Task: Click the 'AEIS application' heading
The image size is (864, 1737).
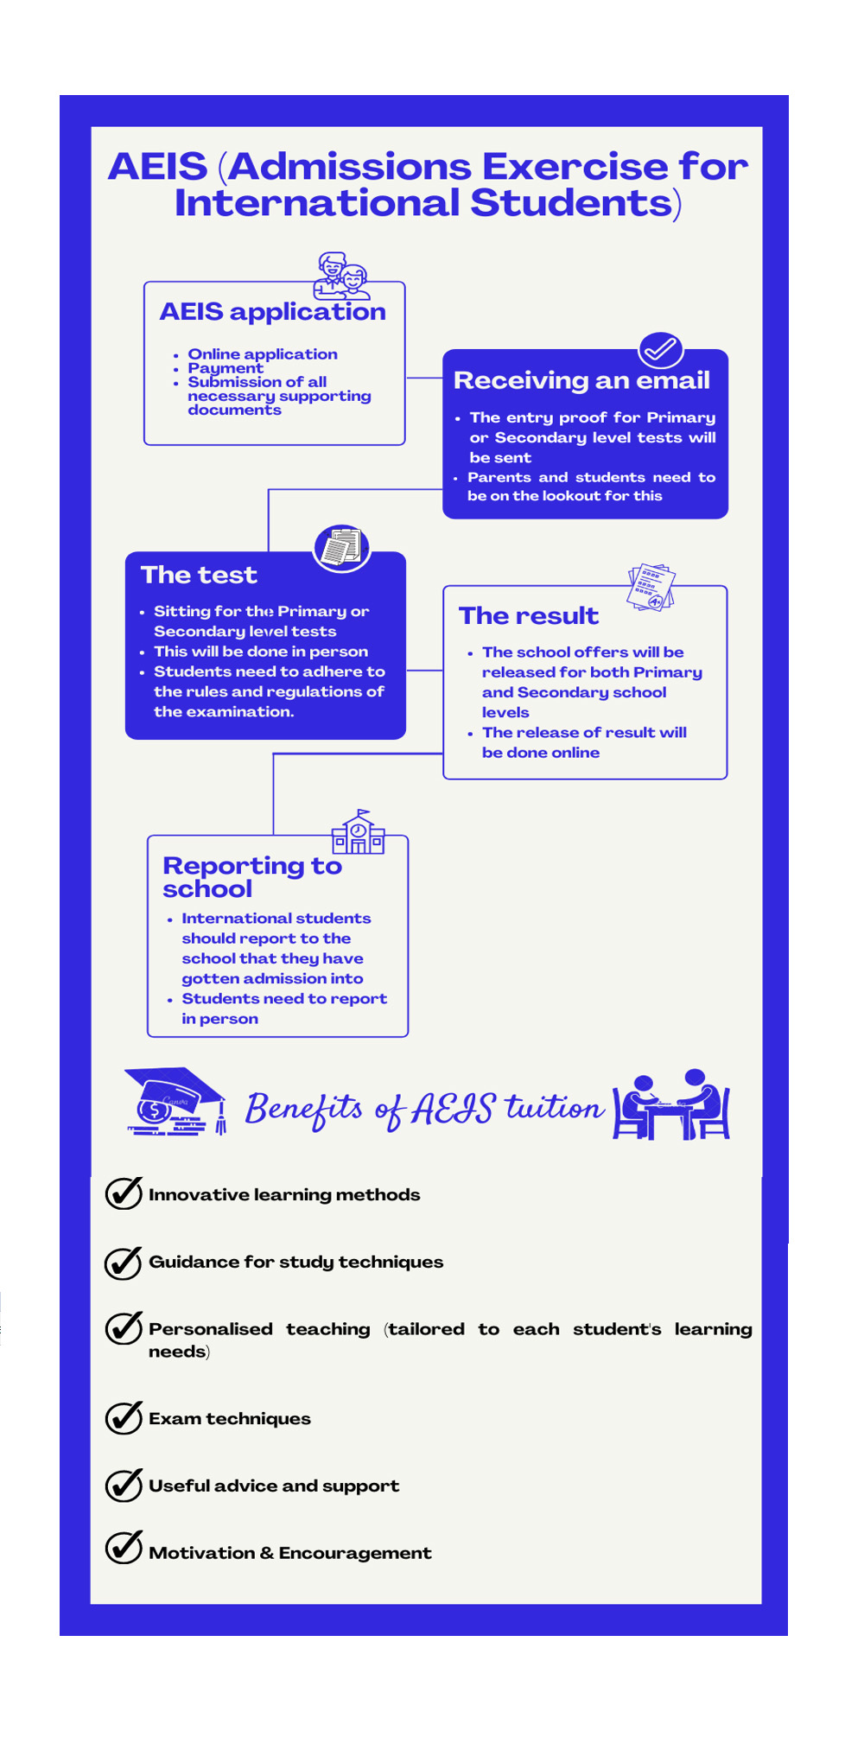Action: (x=272, y=311)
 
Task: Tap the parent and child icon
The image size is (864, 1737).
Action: (x=342, y=276)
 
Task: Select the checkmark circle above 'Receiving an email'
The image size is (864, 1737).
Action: (x=661, y=349)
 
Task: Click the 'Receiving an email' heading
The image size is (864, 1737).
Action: (x=581, y=380)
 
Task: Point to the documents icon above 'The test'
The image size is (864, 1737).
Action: (x=342, y=548)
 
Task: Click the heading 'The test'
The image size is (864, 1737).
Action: (x=199, y=575)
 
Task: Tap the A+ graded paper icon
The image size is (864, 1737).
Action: (x=651, y=588)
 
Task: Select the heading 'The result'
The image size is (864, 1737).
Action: (x=528, y=615)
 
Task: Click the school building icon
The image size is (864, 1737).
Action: (x=358, y=833)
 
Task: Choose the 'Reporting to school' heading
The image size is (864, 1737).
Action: (x=251, y=876)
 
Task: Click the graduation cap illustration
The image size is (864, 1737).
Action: (x=175, y=1101)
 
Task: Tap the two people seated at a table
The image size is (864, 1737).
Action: (x=671, y=1105)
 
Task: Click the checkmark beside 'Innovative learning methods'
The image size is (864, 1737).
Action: (x=124, y=1193)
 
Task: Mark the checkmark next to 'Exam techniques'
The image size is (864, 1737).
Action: (x=124, y=1417)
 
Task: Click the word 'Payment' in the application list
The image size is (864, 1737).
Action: (x=226, y=368)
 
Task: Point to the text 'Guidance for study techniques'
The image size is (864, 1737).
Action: (x=295, y=1262)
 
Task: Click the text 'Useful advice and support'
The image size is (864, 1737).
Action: (x=274, y=1486)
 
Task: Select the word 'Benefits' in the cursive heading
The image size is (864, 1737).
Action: (x=303, y=1109)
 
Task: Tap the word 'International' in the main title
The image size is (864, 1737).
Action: (x=317, y=203)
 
